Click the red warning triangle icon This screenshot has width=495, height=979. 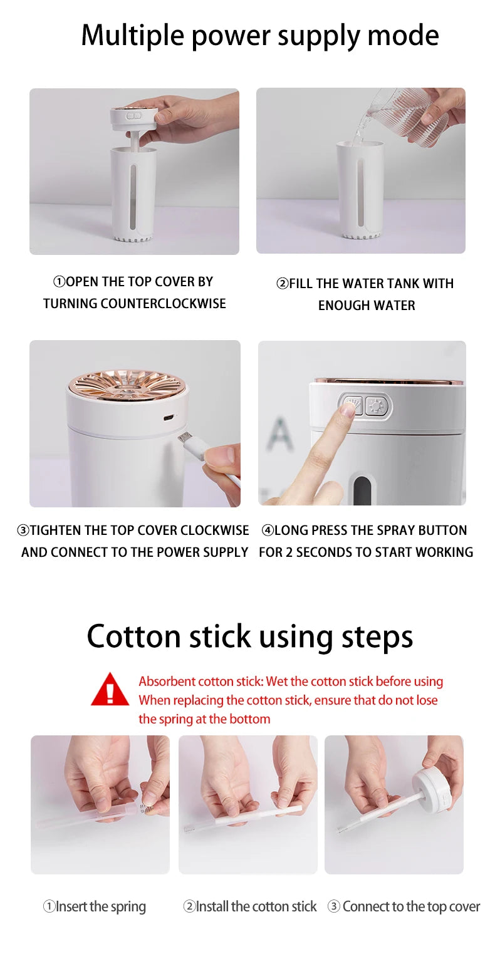(110, 690)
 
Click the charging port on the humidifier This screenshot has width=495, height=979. (168, 417)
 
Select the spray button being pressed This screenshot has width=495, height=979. (353, 406)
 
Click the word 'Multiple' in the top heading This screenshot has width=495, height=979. (132, 35)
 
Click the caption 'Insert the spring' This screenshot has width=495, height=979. (95, 906)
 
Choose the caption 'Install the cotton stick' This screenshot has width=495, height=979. (250, 906)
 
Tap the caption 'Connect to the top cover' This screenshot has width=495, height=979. (404, 906)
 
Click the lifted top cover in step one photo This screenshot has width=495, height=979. (133, 115)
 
